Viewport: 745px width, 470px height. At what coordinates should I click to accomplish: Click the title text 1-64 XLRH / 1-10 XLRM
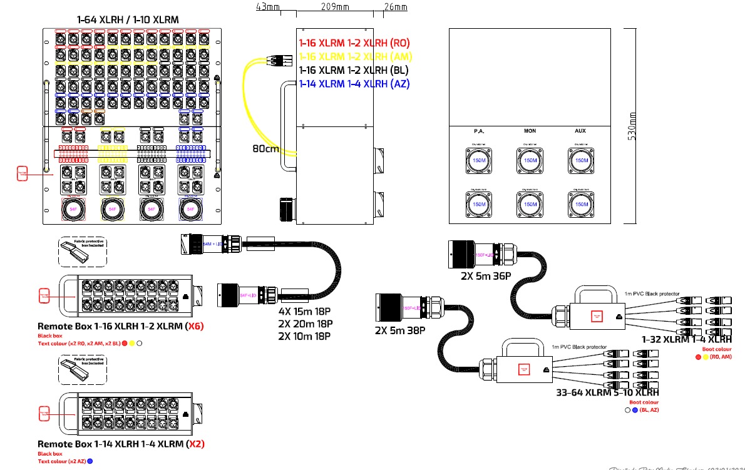point(128,20)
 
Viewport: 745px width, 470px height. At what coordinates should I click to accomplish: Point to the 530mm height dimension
point(633,125)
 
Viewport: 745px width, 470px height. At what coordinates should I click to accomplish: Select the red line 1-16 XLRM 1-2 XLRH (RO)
point(354,44)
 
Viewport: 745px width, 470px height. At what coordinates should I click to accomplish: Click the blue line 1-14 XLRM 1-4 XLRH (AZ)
point(354,84)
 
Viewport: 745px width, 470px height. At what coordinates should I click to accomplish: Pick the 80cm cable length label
point(265,150)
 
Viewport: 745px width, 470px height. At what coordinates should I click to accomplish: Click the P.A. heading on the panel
point(479,131)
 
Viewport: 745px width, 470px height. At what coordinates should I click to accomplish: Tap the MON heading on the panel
point(530,131)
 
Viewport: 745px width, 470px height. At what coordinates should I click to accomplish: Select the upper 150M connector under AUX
point(582,161)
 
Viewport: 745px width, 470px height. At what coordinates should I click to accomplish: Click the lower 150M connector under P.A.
point(479,205)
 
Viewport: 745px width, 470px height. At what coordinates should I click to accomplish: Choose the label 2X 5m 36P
point(486,276)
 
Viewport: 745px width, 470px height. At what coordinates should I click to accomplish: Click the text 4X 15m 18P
point(305,311)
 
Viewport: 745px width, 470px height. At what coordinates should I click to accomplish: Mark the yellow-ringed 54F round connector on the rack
point(113,210)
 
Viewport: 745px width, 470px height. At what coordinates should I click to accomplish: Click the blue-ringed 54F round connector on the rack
point(191,210)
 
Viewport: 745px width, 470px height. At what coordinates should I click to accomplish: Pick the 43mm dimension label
point(268,8)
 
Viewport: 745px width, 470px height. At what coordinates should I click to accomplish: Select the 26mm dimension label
point(396,8)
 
